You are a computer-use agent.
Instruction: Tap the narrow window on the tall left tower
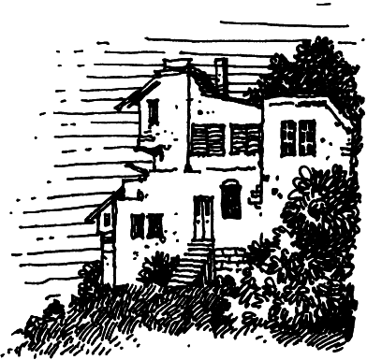pyautogui.click(x=153, y=112)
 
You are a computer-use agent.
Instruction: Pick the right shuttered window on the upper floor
pyautogui.click(x=244, y=138)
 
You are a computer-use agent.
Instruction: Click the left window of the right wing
pyautogui.click(x=288, y=137)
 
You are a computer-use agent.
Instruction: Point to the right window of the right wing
pyautogui.click(x=308, y=137)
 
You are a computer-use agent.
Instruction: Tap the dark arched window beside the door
pyautogui.click(x=230, y=199)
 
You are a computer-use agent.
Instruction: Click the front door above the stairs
pyautogui.click(x=203, y=217)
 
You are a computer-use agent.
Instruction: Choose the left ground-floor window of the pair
pyautogui.click(x=138, y=225)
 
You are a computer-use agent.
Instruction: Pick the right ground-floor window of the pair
pyautogui.click(x=155, y=225)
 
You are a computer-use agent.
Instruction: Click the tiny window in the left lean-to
pyautogui.click(x=107, y=220)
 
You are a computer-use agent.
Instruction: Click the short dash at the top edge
pyautogui.click(x=323, y=5)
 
